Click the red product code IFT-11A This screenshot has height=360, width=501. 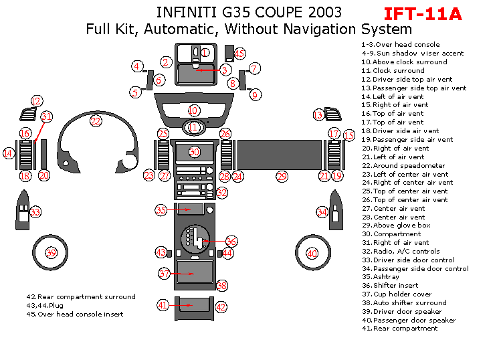click(x=423, y=14)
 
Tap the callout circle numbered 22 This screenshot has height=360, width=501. click(x=96, y=121)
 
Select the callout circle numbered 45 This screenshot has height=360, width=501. click(x=239, y=54)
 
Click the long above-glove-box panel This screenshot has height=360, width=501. click(x=280, y=155)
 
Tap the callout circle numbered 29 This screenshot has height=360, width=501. click(x=282, y=177)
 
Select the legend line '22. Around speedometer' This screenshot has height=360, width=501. click(x=403, y=165)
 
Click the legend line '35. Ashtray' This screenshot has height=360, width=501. click(x=380, y=277)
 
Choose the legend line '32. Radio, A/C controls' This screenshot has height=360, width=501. click(x=401, y=252)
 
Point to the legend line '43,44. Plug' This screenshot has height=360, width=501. click(x=45, y=306)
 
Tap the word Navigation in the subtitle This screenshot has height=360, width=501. click(x=320, y=29)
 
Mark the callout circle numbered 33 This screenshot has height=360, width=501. click(x=35, y=212)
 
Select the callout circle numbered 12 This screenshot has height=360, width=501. click(x=36, y=101)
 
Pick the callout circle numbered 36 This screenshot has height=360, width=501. click(x=231, y=242)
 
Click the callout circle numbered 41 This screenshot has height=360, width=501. click(x=163, y=305)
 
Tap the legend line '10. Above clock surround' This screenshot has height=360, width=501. click(x=404, y=62)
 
